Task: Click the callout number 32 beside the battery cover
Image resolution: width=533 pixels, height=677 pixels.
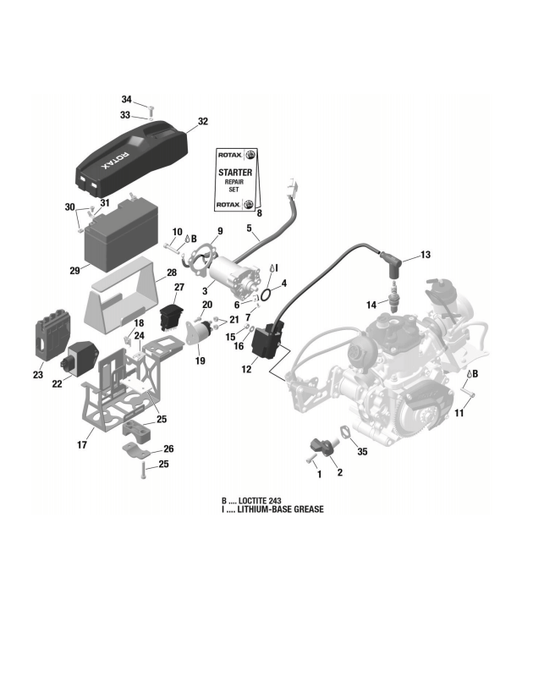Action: pos(202,122)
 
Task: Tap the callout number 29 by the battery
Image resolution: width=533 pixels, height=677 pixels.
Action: pos(74,271)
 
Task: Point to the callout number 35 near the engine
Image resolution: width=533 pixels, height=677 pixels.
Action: pos(362,453)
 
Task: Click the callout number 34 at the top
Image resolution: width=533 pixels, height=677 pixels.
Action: pos(126,99)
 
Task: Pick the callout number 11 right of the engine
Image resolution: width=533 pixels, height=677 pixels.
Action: pos(459,413)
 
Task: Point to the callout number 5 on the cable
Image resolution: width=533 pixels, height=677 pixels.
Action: pos(249,228)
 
